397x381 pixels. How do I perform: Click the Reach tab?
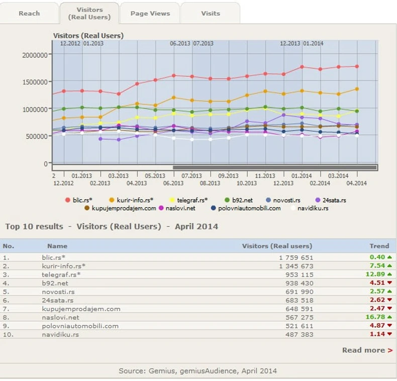29,13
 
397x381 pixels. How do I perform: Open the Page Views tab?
150,13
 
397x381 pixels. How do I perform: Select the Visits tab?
211,13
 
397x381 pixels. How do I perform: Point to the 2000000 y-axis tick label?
35,55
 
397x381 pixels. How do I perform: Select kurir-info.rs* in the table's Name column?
64,266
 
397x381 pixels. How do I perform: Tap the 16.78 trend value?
374,317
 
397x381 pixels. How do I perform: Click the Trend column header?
379,246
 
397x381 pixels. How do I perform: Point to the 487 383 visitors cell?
297,334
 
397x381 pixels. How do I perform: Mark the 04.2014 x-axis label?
356,183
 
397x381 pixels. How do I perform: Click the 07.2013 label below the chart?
191,176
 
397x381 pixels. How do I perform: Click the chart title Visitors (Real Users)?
88,36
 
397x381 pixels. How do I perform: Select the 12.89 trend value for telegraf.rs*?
374,274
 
